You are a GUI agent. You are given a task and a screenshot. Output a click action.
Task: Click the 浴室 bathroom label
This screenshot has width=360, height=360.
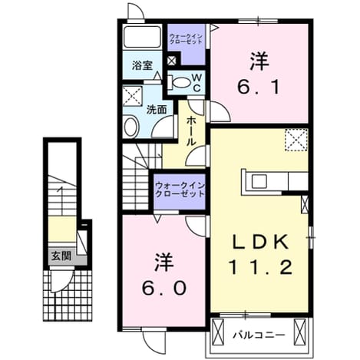pos(142,65)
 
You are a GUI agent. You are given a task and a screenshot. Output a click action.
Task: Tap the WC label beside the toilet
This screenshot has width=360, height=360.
pos(197,82)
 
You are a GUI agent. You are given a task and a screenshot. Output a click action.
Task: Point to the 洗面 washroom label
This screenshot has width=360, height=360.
pos(157,110)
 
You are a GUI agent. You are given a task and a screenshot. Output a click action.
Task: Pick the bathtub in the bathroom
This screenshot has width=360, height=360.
pos(142,37)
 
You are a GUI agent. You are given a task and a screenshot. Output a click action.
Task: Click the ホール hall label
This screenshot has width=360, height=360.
pos(190,131)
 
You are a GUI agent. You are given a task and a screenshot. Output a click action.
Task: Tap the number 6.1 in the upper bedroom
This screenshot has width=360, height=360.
pos(258,87)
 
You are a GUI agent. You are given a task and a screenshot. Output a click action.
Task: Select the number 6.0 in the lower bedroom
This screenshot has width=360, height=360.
pos(164,288)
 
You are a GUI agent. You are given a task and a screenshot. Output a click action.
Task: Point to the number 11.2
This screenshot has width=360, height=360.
pos(260,267)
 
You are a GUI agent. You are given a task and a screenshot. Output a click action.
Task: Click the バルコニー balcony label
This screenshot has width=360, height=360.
pos(259,335)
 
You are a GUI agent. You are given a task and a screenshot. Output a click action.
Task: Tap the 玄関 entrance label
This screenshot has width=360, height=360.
pos(61,256)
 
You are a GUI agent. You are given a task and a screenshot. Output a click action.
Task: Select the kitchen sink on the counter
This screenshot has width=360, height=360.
pos(259,181)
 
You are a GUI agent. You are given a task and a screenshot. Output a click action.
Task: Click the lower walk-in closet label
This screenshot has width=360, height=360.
pos(180,190)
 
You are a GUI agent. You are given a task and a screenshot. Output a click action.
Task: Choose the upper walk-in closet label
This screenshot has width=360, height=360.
pos(186,38)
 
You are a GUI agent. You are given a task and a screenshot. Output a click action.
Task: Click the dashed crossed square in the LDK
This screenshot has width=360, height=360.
pos(296,140)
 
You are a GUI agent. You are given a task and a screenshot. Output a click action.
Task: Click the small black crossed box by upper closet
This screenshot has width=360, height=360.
pos(171,61)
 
